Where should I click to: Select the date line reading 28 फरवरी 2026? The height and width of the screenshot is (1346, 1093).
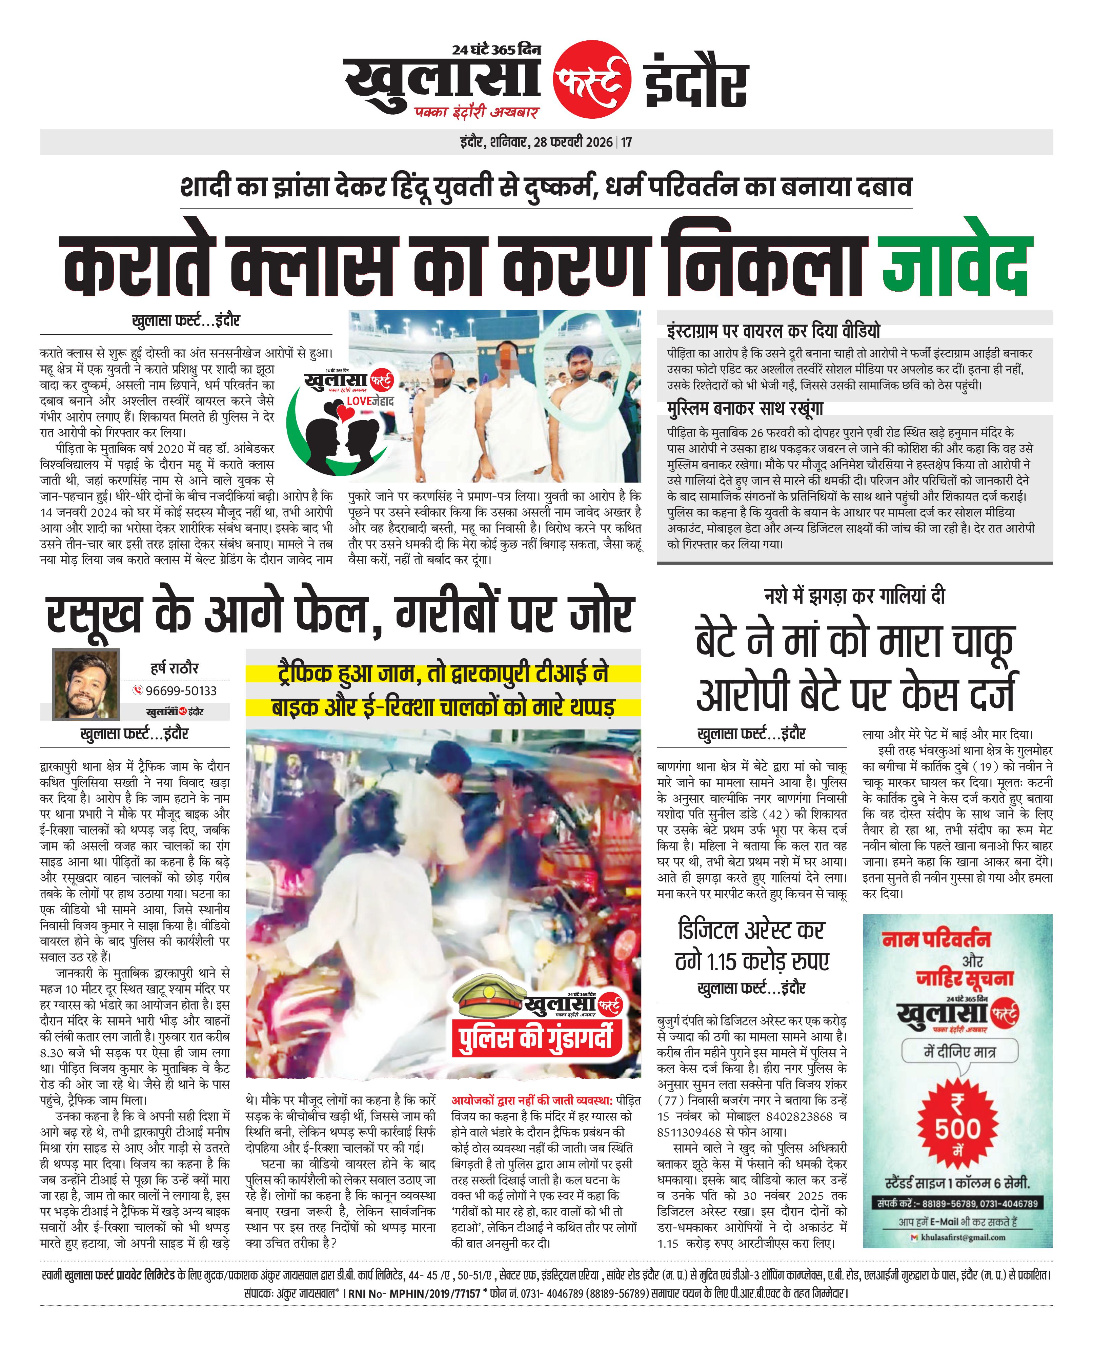pos(573,142)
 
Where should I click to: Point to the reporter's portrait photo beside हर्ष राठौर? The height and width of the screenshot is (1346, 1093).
pos(86,684)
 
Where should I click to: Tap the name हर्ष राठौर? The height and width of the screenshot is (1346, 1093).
pos(175,668)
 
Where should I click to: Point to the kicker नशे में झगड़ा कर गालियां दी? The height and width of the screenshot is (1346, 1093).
pos(854,595)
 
